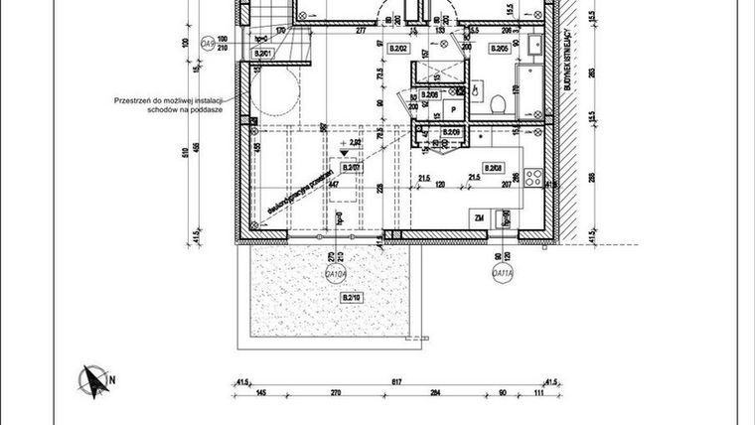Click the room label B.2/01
tap(264, 54)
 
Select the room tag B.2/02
tap(399, 48)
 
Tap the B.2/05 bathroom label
tap(499, 48)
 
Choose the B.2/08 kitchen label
tap(492, 167)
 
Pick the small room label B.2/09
tap(451, 132)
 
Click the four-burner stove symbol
tap(533, 180)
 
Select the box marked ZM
tap(478, 217)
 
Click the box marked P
tap(453, 110)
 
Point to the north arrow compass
tap(94, 379)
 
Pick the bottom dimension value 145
tap(259, 393)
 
